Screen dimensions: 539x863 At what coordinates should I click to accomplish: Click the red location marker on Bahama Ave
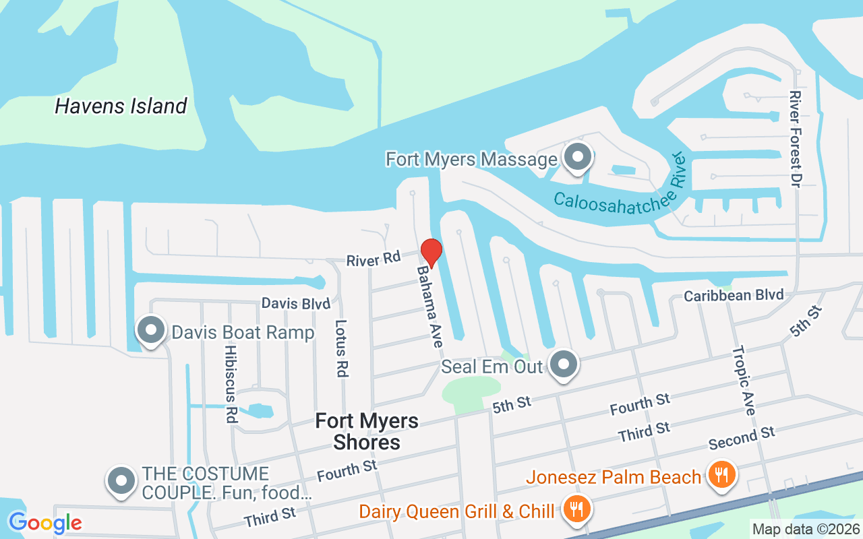click(431, 253)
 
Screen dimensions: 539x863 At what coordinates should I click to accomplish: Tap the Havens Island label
click(121, 106)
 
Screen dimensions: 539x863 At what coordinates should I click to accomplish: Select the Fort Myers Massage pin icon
click(577, 158)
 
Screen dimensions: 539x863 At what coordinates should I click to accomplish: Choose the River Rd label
click(374, 258)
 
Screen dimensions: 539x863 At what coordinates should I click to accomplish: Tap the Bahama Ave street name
click(429, 306)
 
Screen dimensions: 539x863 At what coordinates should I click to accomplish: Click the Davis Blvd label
click(296, 303)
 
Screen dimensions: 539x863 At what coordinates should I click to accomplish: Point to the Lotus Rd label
click(341, 357)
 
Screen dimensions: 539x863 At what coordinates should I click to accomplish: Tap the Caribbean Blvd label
click(734, 295)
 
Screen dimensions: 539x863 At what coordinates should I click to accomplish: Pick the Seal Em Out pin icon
click(563, 365)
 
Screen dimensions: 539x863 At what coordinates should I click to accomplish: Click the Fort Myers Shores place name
click(367, 431)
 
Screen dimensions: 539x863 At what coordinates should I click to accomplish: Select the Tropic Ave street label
click(744, 381)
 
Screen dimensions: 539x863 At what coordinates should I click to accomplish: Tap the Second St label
click(742, 438)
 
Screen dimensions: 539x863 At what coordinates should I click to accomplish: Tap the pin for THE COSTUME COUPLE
click(121, 482)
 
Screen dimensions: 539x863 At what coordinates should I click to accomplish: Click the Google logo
click(45, 522)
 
